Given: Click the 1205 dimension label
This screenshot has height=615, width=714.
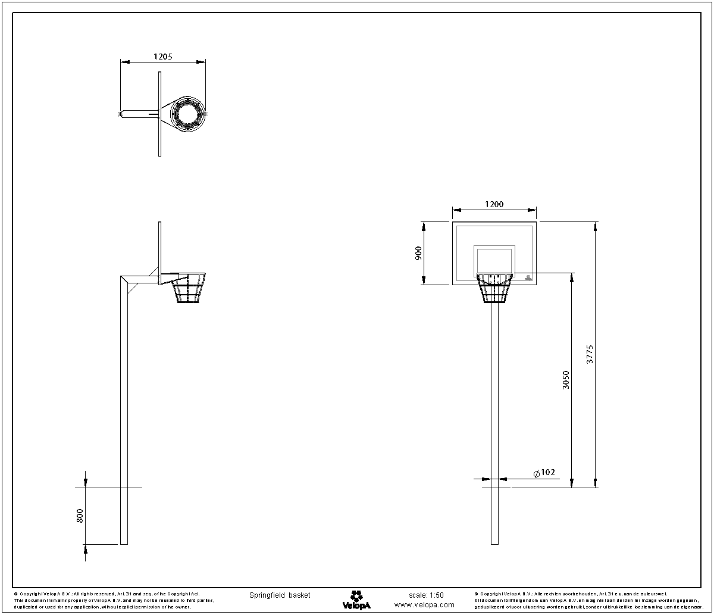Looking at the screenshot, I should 162,57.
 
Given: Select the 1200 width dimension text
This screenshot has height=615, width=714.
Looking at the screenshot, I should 494,204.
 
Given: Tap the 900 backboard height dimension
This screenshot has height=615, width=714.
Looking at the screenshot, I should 418,253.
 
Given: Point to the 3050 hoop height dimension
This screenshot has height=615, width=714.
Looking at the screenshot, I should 566,380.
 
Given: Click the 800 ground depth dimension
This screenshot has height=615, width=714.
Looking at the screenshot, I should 80,516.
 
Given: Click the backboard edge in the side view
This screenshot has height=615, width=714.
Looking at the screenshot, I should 159,250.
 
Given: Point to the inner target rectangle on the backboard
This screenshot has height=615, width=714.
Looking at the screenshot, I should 494,260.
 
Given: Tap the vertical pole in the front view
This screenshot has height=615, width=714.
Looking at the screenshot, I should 494,417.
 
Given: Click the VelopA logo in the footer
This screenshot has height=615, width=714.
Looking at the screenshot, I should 356,600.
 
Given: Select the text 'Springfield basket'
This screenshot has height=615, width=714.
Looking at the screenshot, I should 280,595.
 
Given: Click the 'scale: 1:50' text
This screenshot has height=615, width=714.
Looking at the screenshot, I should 426,595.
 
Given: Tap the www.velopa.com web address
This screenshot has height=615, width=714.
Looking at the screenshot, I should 424,605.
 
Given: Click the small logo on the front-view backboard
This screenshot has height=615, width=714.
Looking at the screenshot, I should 528,277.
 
